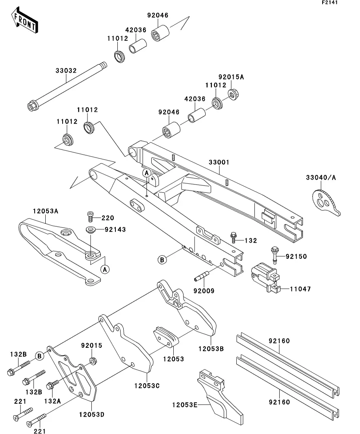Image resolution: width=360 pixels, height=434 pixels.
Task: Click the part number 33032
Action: coord(66,70)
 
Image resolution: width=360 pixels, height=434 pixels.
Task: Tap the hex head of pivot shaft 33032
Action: coord(31,106)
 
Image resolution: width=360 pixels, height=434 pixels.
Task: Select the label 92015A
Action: coord(231,77)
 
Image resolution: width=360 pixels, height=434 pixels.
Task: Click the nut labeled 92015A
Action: coord(233,94)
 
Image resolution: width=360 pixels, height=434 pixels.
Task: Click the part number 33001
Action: coord(219,162)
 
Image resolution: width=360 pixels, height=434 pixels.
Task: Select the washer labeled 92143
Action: coord(90,230)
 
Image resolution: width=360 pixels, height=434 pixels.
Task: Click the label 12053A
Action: coord(46,211)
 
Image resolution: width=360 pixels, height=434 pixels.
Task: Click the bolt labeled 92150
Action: coord(275,255)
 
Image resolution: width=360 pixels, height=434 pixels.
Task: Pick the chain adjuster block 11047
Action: coord(265,277)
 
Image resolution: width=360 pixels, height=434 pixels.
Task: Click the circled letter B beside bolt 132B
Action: coord(40,356)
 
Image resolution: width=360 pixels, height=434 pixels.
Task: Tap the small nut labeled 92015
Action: coord(93,361)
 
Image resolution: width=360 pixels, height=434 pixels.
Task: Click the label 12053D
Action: coord(92,415)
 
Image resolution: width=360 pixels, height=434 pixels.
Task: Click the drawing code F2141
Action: coord(330,2)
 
